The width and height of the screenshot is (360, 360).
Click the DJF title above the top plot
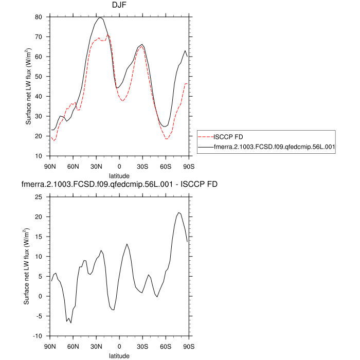click(x=119, y=6)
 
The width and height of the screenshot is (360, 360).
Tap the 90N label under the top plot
click(x=50, y=166)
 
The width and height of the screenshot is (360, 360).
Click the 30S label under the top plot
click(x=142, y=166)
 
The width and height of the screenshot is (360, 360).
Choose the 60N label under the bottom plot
click(x=73, y=346)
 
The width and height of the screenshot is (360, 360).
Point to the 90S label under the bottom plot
click(x=189, y=346)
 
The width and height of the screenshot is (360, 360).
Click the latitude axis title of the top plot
click(x=119, y=175)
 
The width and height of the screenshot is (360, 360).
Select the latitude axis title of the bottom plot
click(x=119, y=355)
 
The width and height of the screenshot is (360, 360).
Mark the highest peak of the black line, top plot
click(x=100, y=17)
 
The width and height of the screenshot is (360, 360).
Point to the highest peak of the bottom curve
click(x=178, y=212)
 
